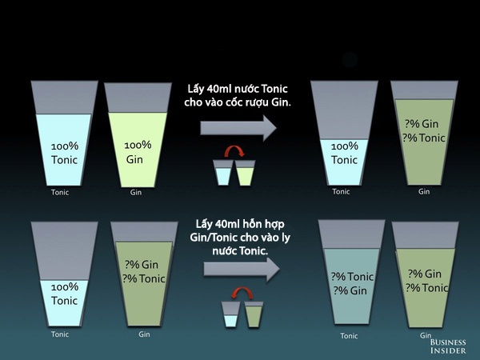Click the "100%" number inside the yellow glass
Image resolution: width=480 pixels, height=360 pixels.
[x=138, y=145]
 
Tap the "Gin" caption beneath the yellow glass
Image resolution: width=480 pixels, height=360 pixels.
[x=136, y=192]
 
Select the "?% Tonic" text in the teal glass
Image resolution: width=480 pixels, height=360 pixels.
[x=352, y=277]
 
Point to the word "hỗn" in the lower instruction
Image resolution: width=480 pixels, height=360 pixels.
[x=253, y=224]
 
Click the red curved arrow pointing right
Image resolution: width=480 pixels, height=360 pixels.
[x=234, y=151]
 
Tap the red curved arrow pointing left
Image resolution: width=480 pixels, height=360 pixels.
[x=242, y=293]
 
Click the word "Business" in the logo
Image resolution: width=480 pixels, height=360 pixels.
[x=448, y=342]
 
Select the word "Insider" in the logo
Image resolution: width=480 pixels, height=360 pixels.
[x=448, y=350]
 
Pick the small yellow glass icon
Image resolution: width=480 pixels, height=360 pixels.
[x=246, y=173]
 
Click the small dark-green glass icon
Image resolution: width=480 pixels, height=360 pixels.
[x=254, y=314]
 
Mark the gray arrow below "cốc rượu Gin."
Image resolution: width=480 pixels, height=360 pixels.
[x=238, y=128]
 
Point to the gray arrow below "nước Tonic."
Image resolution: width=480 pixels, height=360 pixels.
[x=242, y=270]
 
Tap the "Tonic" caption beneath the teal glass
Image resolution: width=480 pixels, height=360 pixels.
[x=349, y=336]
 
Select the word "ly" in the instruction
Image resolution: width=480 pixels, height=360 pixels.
[x=286, y=238]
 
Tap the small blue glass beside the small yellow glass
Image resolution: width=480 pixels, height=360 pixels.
[x=223, y=173]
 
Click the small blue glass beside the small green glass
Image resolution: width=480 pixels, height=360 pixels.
[x=231, y=314]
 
